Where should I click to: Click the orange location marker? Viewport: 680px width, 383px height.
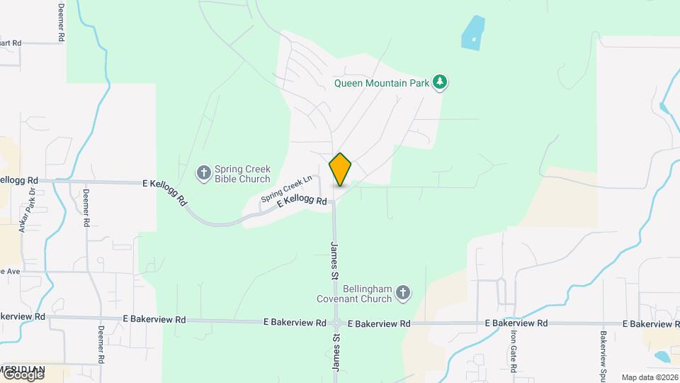(341, 169)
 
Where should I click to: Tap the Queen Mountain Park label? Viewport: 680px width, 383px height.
(382, 83)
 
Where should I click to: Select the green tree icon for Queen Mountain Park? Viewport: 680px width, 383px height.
(441, 82)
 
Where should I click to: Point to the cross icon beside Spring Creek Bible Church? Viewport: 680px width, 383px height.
(203, 172)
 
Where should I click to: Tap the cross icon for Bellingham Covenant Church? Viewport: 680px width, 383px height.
(403, 293)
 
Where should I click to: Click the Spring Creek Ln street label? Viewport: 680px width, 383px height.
(287, 188)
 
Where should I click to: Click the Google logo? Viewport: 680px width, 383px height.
(23, 374)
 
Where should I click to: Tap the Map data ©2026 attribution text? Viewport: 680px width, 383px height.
(649, 377)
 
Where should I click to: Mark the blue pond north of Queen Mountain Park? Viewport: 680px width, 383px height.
(472, 32)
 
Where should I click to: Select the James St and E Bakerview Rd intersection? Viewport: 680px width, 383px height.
(336, 323)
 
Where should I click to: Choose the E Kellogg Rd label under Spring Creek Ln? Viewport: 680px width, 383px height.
(302, 202)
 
